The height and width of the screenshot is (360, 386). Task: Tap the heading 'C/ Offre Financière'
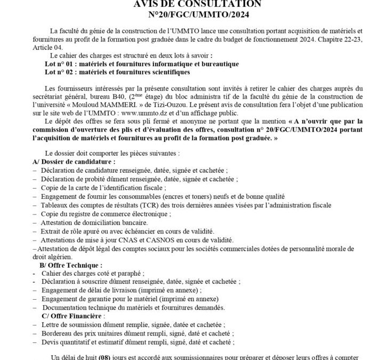(x=73, y=316)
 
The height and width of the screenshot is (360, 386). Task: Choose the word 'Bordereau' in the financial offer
(x=56, y=333)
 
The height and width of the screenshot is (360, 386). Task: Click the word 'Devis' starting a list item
(x=49, y=342)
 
